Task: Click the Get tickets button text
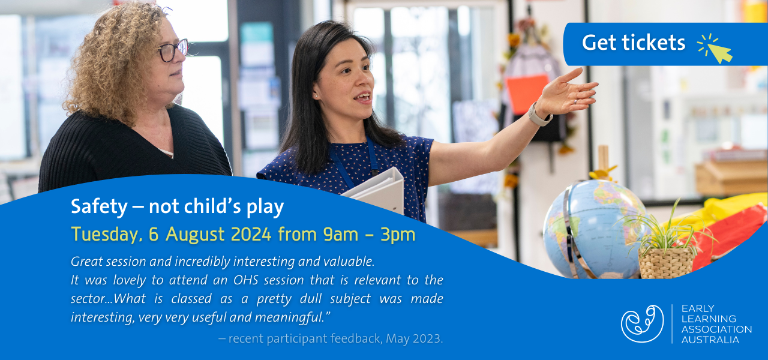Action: coord(633,43)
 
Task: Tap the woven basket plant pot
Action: coord(665,263)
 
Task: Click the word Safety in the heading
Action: coord(99,207)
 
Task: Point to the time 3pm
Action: coord(398,235)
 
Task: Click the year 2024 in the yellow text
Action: coord(251,234)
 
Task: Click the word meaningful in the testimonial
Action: coord(289,317)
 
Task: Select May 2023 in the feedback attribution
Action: coord(414,339)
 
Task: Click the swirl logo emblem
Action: coord(642,323)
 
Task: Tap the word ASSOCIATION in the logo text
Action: coord(716,329)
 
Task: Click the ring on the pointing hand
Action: coord(575,102)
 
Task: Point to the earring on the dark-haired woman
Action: coord(316,97)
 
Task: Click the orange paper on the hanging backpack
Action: coord(527,94)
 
